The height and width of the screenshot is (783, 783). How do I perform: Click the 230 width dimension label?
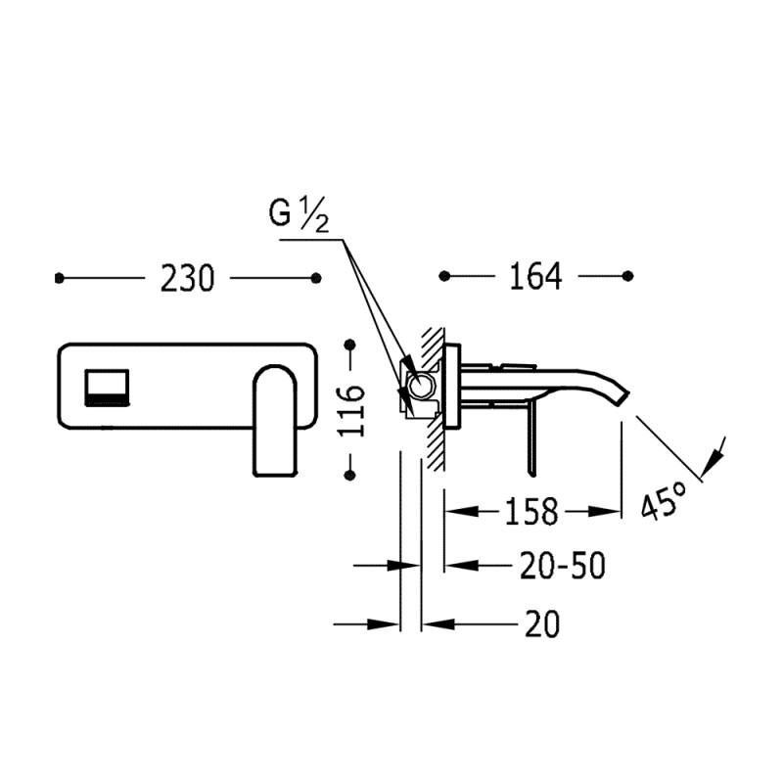click(187, 279)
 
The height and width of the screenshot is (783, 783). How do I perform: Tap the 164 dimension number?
click(535, 277)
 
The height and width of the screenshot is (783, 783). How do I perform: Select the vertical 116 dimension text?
click(351, 411)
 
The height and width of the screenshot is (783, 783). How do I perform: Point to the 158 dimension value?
click(531, 511)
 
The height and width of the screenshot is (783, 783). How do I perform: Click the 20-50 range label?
click(563, 566)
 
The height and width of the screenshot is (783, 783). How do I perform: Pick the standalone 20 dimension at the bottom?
click(542, 624)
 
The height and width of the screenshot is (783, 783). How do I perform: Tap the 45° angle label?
click(665, 499)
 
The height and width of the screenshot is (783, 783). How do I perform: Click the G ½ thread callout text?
click(299, 214)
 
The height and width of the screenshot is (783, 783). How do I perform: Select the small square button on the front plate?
click(107, 388)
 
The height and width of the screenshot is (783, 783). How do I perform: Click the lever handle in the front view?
click(276, 420)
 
